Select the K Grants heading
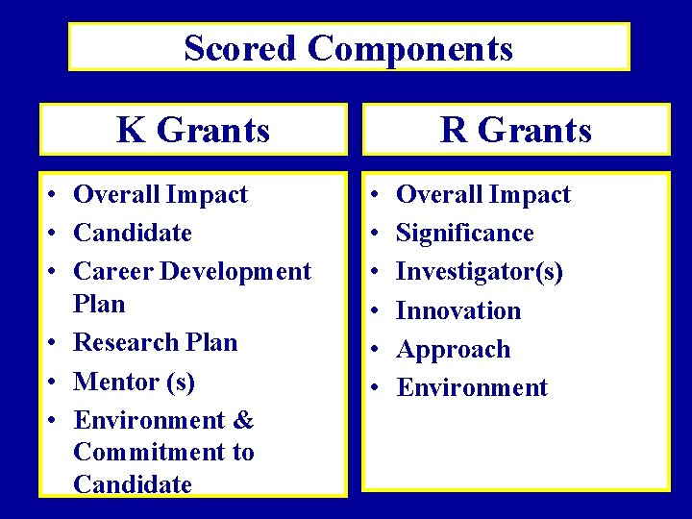(x=193, y=130)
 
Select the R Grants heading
(x=516, y=130)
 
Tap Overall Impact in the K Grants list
(x=161, y=194)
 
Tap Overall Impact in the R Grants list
(x=483, y=194)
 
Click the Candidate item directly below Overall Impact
(x=133, y=233)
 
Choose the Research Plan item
(x=156, y=342)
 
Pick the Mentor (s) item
(x=135, y=382)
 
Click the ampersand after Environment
(x=243, y=420)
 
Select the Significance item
(x=465, y=233)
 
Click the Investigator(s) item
(x=480, y=272)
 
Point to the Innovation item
(x=458, y=310)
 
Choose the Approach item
(x=454, y=349)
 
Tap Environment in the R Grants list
(x=472, y=388)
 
